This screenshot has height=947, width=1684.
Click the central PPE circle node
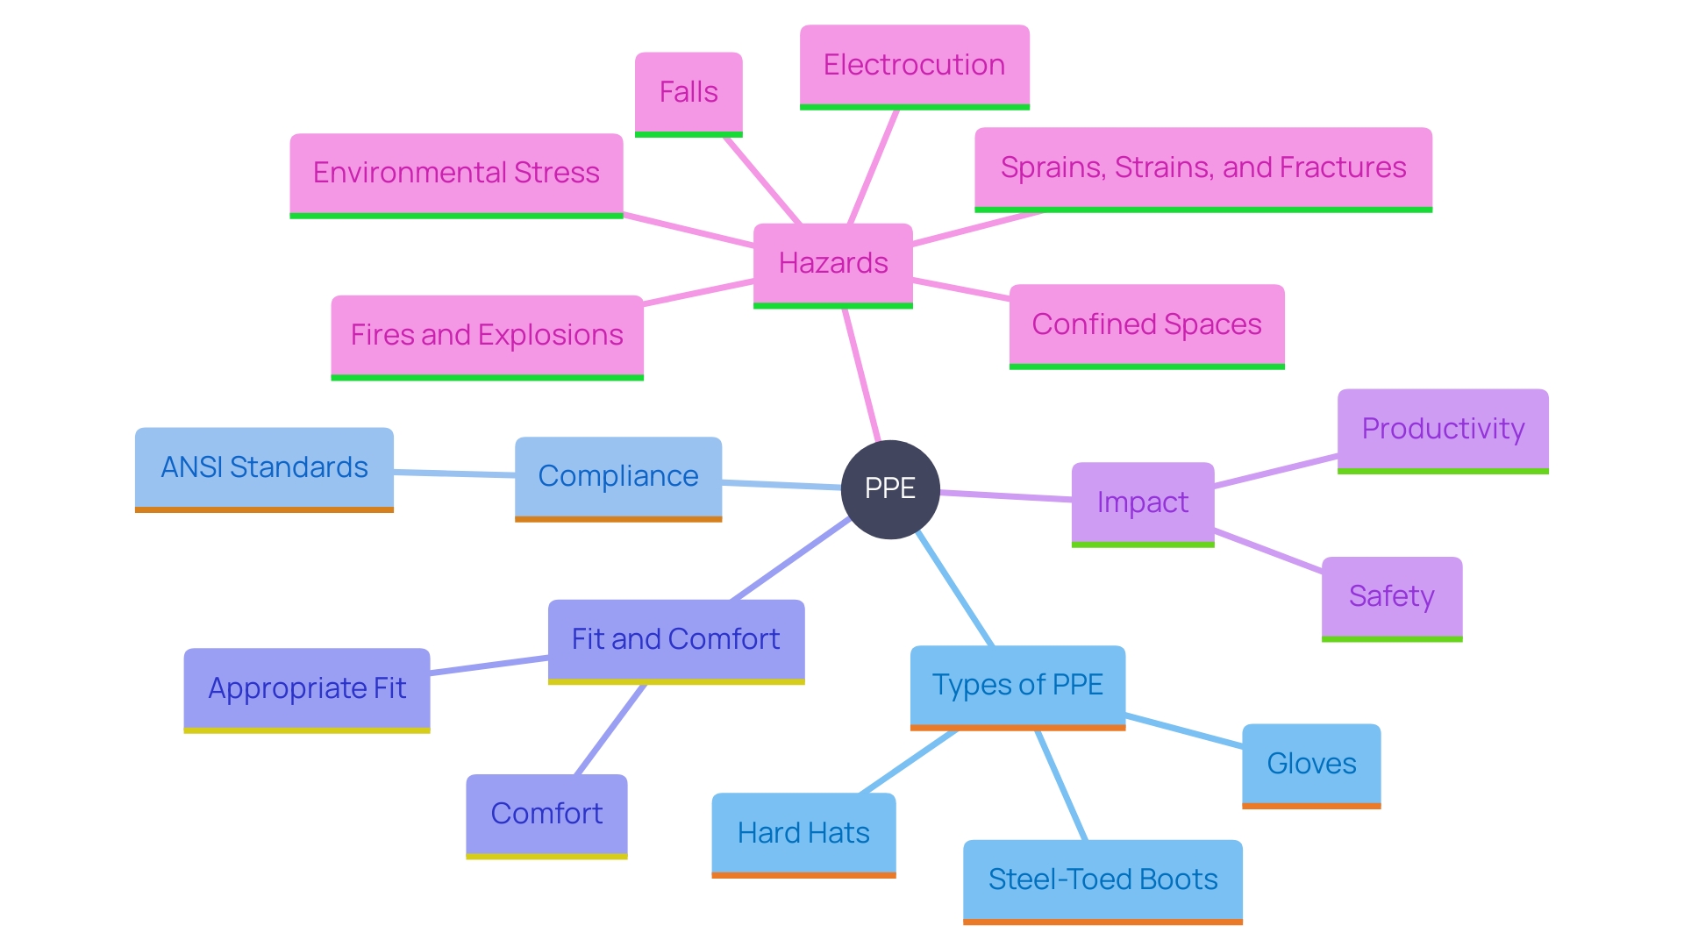click(x=889, y=488)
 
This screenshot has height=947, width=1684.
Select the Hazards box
click(x=832, y=263)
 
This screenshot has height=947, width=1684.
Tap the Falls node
click(x=689, y=92)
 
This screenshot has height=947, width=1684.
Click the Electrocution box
click(x=914, y=65)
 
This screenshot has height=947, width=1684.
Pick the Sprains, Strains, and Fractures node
click(x=1202, y=167)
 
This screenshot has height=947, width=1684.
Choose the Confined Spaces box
click(x=1146, y=324)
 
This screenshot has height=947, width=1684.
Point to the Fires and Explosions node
click(x=487, y=335)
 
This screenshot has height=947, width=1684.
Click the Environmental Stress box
click(x=456, y=173)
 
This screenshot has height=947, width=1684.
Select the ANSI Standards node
click(x=264, y=467)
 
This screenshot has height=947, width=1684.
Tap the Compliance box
click(x=617, y=476)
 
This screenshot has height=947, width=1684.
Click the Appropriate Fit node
click(x=306, y=688)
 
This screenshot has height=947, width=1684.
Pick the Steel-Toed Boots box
click(x=1102, y=879)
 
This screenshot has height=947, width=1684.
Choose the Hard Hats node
click(x=803, y=833)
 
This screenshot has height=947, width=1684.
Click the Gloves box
click(x=1311, y=764)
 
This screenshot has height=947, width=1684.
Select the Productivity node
click(x=1443, y=429)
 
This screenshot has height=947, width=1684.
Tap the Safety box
click(x=1391, y=596)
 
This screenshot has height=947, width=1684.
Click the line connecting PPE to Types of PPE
click(x=954, y=588)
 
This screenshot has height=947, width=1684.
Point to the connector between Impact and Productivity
click(x=1276, y=471)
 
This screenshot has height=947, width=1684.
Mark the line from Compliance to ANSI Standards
click(x=454, y=473)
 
